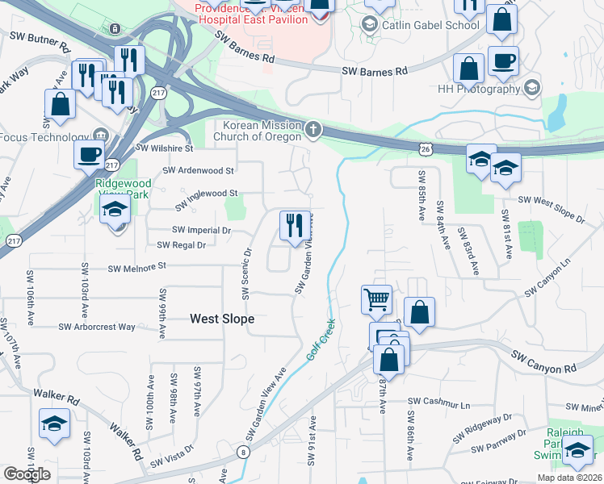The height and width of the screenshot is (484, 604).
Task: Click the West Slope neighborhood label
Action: click(222, 319)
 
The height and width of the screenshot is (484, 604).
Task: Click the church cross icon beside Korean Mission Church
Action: click(314, 129)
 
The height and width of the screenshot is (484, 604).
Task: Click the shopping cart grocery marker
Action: click(376, 299)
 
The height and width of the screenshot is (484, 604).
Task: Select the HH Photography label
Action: click(479, 89)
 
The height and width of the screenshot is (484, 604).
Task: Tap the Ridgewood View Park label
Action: click(123, 189)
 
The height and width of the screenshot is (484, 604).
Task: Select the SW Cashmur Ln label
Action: click(438, 401)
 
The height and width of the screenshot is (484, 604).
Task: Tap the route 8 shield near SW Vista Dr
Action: click(243, 452)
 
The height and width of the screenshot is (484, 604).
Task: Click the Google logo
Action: click(27, 474)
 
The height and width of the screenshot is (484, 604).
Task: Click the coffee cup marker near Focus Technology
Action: click(89, 154)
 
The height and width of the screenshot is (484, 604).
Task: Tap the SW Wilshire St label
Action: click(165, 148)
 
